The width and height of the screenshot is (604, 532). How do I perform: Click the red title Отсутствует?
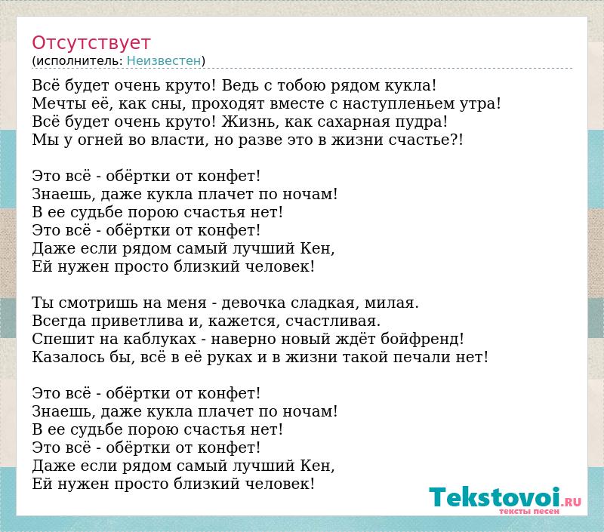91,43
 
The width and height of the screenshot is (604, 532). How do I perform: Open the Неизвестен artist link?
164,61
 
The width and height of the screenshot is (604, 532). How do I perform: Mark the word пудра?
419,122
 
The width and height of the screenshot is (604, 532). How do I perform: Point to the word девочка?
253,303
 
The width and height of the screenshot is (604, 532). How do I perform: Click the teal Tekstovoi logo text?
495,497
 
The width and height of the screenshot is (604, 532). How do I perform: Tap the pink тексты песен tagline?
529,511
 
